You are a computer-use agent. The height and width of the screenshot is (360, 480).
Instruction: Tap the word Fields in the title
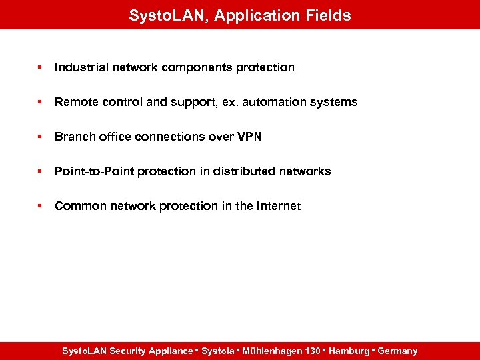click(327, 15)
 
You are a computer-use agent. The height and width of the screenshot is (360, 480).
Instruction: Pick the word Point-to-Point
click(94, 171)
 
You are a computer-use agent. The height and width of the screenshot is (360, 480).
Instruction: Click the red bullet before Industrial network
click(40, 67)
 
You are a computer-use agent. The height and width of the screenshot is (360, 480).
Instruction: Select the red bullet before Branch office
click(40, 137)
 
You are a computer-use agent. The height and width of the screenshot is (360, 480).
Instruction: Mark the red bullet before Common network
click(40, 206)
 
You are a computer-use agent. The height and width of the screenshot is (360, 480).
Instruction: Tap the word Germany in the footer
click(397, 351)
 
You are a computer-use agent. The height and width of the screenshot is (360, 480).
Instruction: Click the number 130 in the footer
click(312, 351)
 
